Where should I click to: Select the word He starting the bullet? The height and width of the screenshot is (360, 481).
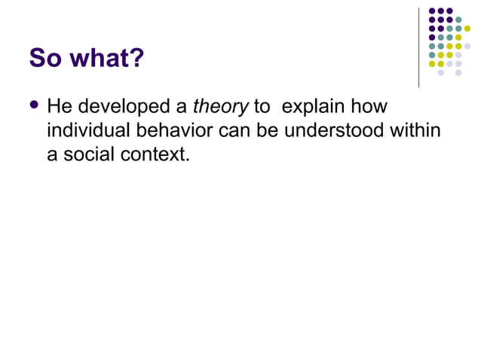pos(60,108)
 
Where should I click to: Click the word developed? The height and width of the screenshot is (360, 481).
pos(122,108)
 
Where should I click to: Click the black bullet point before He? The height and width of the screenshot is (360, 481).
pos(34,107)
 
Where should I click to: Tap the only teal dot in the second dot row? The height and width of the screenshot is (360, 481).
pos(458,20)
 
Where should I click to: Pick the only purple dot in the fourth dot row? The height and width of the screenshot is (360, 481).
pos(432,37)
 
